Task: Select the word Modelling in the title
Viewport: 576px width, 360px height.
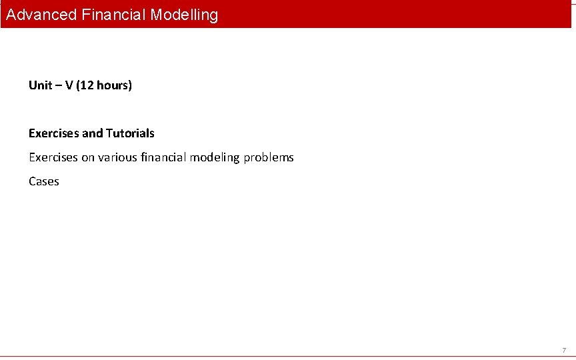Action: click(184, 15)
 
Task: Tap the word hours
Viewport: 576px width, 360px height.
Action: click(111, 85)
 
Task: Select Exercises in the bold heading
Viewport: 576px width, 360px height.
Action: click(53, 133)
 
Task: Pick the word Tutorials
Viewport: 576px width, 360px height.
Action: click(130, 133)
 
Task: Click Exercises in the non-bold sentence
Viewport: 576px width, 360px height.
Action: click(53, 157)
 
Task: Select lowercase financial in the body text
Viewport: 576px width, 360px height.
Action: click(164, 157)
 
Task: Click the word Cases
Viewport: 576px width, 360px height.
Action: click(44, 181)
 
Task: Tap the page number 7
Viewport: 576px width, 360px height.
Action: click(564, 350)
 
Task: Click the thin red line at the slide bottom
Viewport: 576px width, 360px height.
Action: click(288, 357)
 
